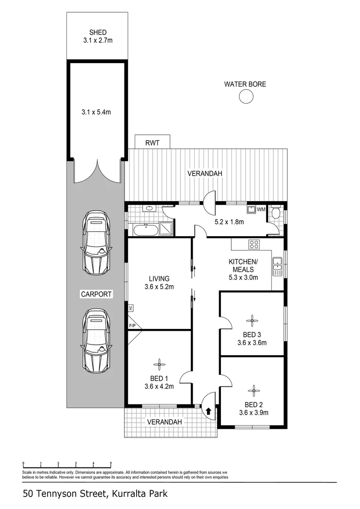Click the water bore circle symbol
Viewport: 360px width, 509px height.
pyautogui.click(x=245, y=97)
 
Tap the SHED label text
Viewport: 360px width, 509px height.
pyautogui.click(x=98, y=33)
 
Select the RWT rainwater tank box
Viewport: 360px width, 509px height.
pyautogui.click(x=152, y=141)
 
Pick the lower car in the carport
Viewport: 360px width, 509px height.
pyautogui.click(x=98, y=340)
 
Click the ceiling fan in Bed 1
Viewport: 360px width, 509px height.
pyautogui.click(x=159, y=363)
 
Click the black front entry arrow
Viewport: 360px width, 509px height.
pyautogui.click(x=208, y=411)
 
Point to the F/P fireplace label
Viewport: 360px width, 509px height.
pyautogui.click(x=131, y=325)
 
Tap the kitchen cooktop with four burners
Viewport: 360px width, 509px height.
pyautogui.click(x=254, y=244)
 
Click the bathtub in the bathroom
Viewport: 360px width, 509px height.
pyautogui.click(x=146, y=230)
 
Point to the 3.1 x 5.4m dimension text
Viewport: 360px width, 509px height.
pyautogui.click(x=98, y=112)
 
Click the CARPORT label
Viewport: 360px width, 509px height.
pyautogui.click(x=96, y=294)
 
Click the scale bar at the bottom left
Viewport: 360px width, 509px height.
pyautogui.click(x=67, y=464)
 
